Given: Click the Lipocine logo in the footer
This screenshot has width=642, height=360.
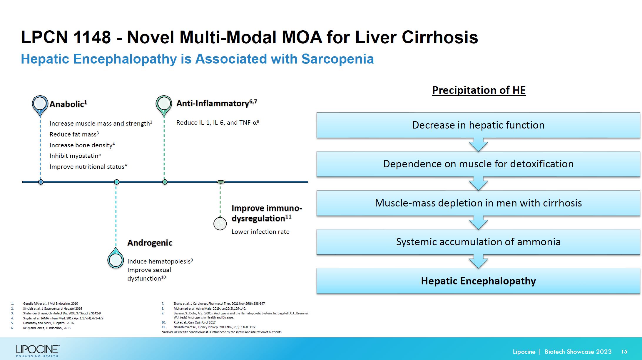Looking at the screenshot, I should pyautogui.click(x=38, y=351).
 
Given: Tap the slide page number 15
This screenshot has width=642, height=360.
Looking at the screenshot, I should pyautogui.click(x=624, y=352).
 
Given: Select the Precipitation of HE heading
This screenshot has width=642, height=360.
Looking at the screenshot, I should pyautogui.click(x=479, y=90).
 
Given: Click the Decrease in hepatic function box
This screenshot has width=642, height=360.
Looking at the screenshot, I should pyautogui.click(x=478, y=125).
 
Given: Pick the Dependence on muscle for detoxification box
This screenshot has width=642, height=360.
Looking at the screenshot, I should pyautogui.click(x=478, y=164).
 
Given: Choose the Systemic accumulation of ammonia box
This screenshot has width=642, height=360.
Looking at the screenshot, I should pyautogui.click(x=478, y=242).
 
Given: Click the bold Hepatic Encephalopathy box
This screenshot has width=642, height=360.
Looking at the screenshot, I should pyautogui.click(x=478, y=281).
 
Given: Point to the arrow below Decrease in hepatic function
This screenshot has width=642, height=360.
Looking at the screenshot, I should pyautogui.click(x=478, y=145).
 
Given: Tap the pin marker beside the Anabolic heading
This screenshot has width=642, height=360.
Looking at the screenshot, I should pyautogui.click(x=40, y=104).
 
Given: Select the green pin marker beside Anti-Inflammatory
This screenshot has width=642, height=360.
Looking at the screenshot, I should pyautogui.click(x=164, y=104).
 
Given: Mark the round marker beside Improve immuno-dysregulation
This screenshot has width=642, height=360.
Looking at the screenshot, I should pyautogui.click(x=220, y=224).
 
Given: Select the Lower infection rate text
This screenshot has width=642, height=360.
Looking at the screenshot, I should pyautogui.click(x=260, y=232).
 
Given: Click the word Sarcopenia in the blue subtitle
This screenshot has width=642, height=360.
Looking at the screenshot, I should pyautogui.click(x=337, y=59).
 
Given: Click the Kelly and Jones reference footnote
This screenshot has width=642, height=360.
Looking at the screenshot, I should pyautogui.click(x=47, y=328).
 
